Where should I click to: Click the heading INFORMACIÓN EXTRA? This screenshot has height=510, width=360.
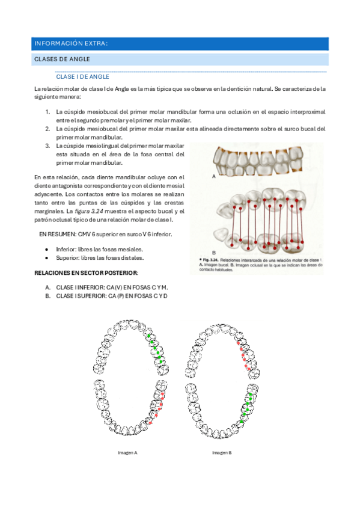tap(71, 44)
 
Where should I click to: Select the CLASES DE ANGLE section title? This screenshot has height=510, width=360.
tap(63, 59)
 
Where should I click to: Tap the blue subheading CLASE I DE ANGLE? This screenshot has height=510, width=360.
tap(82, 76)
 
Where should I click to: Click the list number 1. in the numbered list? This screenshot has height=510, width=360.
tap(48, 112)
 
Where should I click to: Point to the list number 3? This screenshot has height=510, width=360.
tap(48, 146)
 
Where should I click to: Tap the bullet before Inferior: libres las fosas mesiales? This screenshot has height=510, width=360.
tap(47, 248)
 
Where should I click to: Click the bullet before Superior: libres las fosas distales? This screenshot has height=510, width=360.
tap(47, 257)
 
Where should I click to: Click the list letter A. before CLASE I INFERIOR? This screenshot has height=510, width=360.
tap(47, 287)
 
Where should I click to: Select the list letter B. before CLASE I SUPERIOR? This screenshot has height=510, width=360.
tap(47, 296)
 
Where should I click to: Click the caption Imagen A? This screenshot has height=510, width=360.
tap(127, 452)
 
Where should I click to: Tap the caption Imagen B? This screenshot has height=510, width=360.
tap(221, 452)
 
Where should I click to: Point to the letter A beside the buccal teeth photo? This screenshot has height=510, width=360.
tap(213, 177)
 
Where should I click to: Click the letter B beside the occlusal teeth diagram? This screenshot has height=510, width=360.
tap(213, 253)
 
